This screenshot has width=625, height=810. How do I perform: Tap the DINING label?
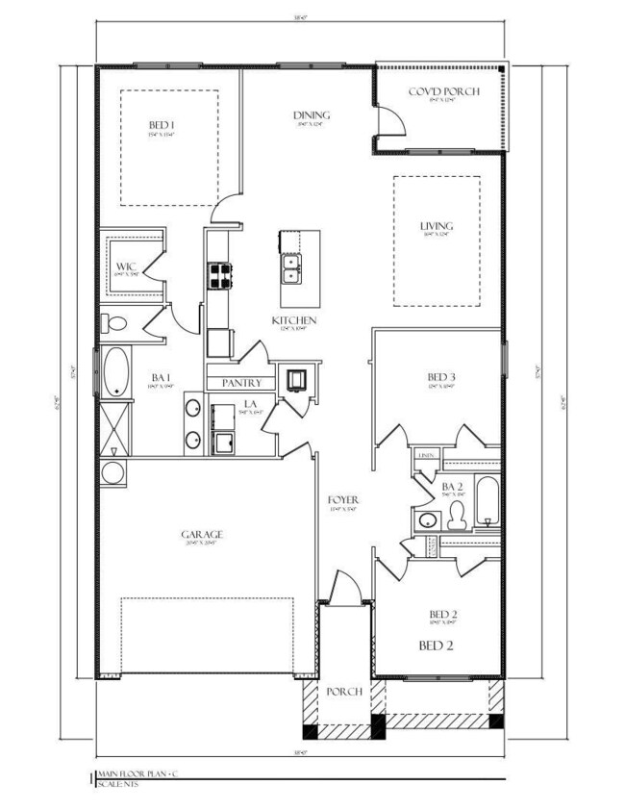coord(306,115)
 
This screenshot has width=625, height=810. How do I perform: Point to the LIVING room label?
coord(436,227)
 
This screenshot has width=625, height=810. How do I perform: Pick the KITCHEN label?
coord(294,320)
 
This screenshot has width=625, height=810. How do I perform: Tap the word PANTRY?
coord(242,382)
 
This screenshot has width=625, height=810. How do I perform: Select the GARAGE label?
coord(202,535)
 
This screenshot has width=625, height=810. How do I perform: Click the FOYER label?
coord(343,500)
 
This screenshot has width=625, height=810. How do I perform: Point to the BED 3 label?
coord(440,376)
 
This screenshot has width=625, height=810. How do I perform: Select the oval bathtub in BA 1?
coord(116,371)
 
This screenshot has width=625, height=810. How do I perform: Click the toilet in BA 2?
coord(456,516)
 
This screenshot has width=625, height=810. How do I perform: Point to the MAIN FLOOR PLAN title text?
coord(133,772)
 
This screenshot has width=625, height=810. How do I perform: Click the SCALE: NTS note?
coord(118,783)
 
